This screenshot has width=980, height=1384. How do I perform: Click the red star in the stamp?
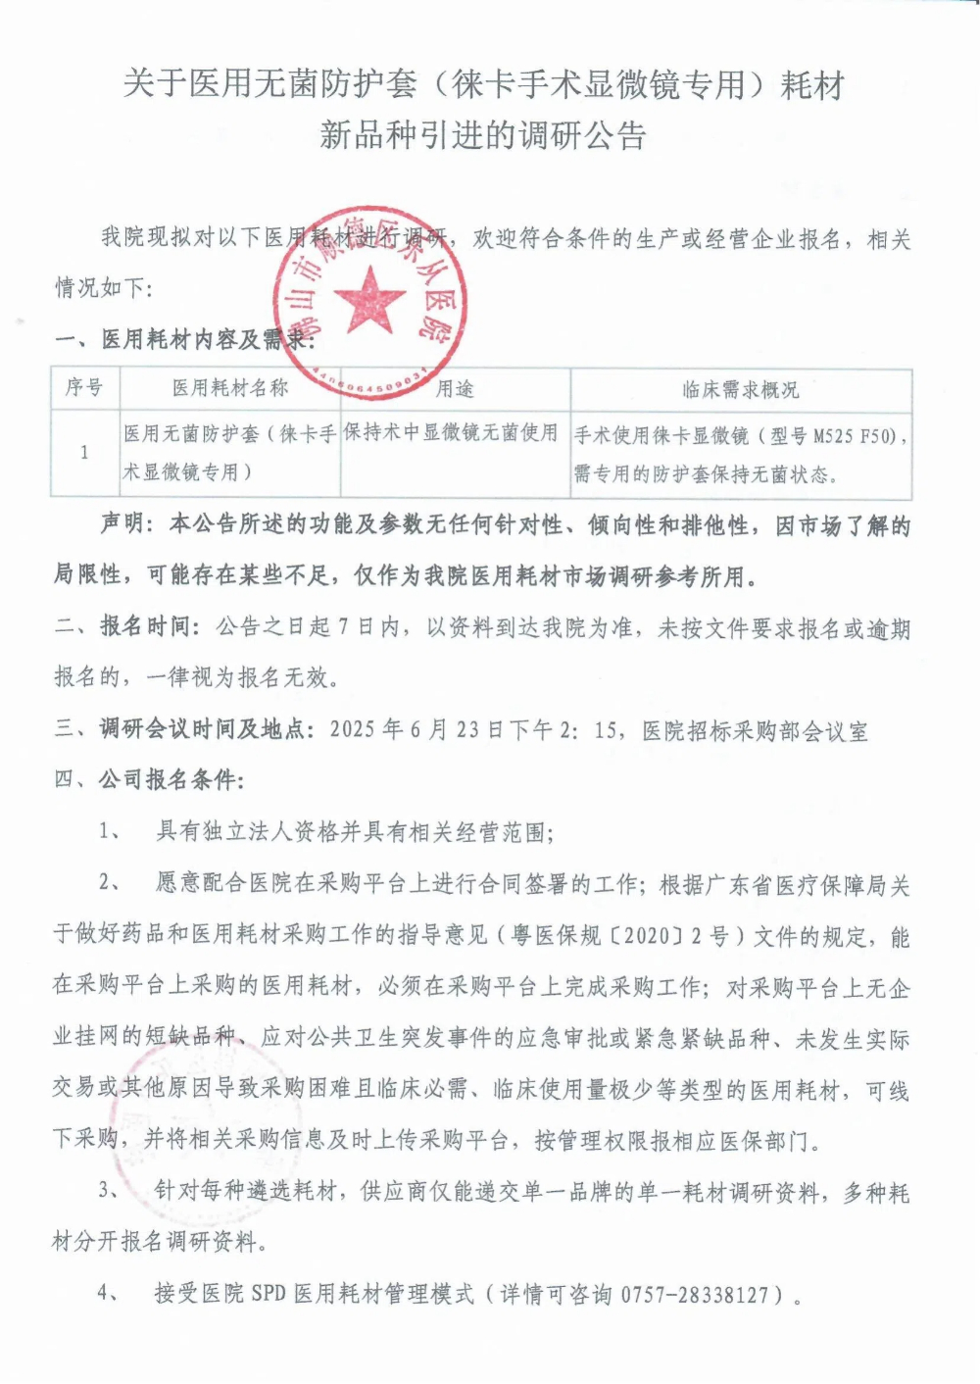click(368, 297)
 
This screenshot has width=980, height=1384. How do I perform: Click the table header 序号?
click(84, 387)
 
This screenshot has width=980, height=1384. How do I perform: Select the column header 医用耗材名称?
click(230, 388)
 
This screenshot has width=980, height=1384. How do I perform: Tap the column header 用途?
click(455, 388)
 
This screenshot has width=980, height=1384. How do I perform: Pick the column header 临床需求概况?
click(740, 389)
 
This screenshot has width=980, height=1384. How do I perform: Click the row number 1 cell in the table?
click(84, 452)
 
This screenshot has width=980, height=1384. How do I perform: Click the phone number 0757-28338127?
click(695, 1294)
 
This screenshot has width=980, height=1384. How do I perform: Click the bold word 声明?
click(124, 525)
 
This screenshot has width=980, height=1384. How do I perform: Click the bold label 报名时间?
click(148, 627)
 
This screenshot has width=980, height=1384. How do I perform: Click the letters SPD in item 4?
click(268, 1294)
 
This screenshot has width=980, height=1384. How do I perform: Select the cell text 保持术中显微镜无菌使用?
click(451, 433)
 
